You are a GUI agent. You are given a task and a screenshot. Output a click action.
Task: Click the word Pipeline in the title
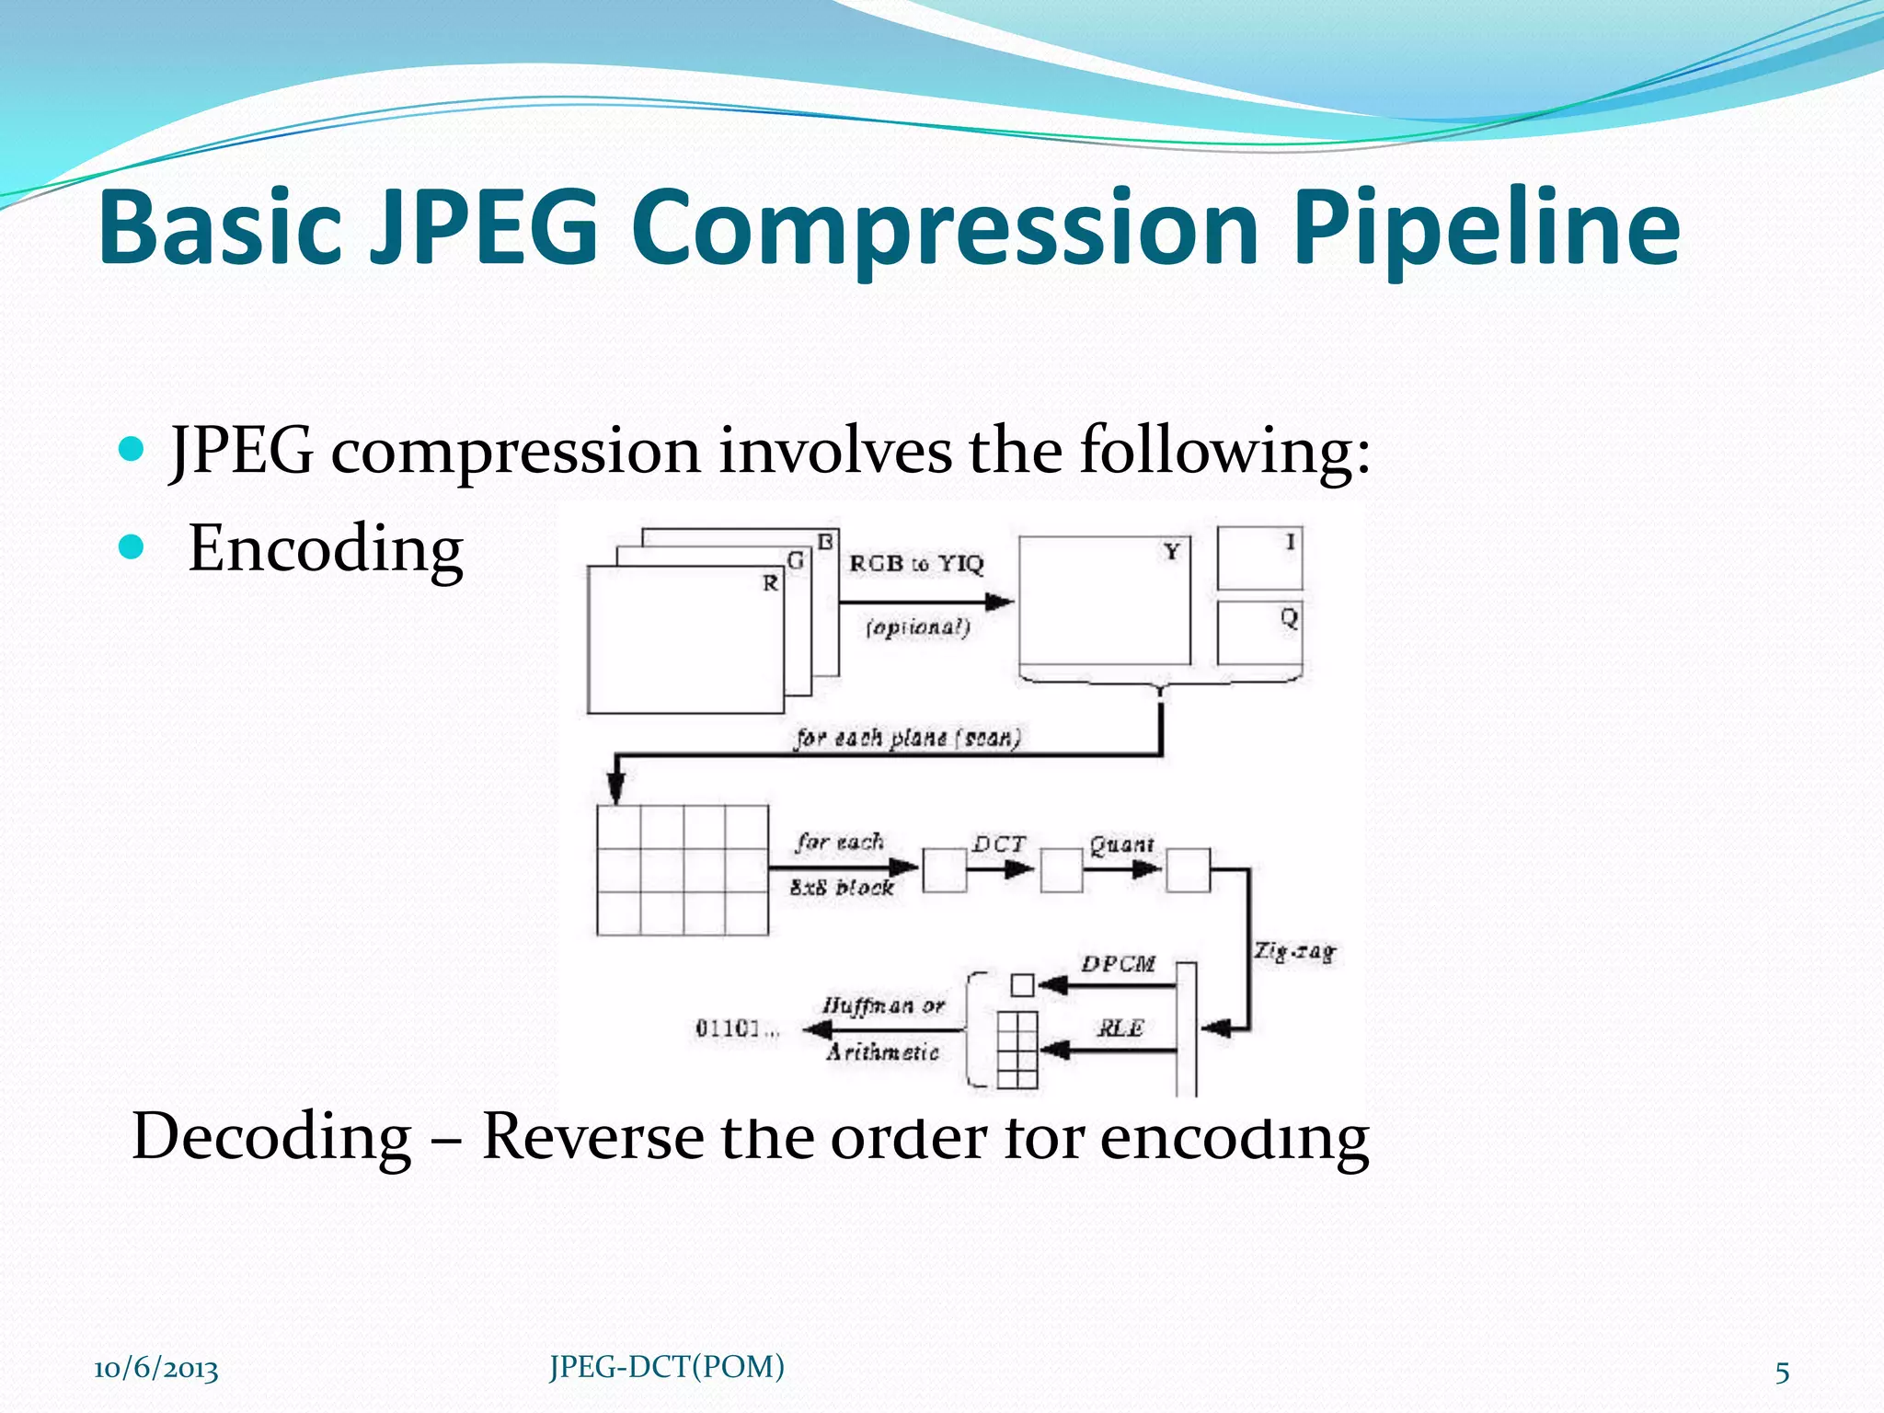[x=1487, y=228]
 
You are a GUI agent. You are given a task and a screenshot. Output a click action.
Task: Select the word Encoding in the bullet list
[x=326, y=549]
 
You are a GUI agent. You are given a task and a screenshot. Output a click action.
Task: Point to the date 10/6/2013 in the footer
[x=156, y=1369]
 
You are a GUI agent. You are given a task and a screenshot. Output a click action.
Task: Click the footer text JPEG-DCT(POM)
[x=667, y=1367]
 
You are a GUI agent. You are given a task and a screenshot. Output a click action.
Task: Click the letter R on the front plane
[x=770, y=583]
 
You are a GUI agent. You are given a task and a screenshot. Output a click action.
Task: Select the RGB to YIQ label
[x=916, y=564]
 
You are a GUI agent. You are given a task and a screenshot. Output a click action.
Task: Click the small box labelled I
[x=1259, y=558]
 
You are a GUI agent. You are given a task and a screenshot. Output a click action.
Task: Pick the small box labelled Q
[x=1259, y=632]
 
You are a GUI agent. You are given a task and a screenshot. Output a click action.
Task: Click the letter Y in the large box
[x=1171, y=552]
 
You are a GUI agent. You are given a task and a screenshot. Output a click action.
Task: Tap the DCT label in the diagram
[x=999, y=844]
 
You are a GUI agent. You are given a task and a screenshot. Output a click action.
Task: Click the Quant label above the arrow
[x=1121, y=844]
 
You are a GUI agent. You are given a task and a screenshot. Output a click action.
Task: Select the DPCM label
[x=1118, y=964]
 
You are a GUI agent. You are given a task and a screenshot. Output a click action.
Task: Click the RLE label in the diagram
[x=1120, y=1028]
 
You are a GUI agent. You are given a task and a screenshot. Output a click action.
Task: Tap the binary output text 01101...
[x=733, y=1028]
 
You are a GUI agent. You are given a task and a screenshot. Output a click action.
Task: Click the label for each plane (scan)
[x=908, y=738]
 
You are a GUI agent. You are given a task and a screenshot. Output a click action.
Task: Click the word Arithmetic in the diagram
[x=882, y=1052]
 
